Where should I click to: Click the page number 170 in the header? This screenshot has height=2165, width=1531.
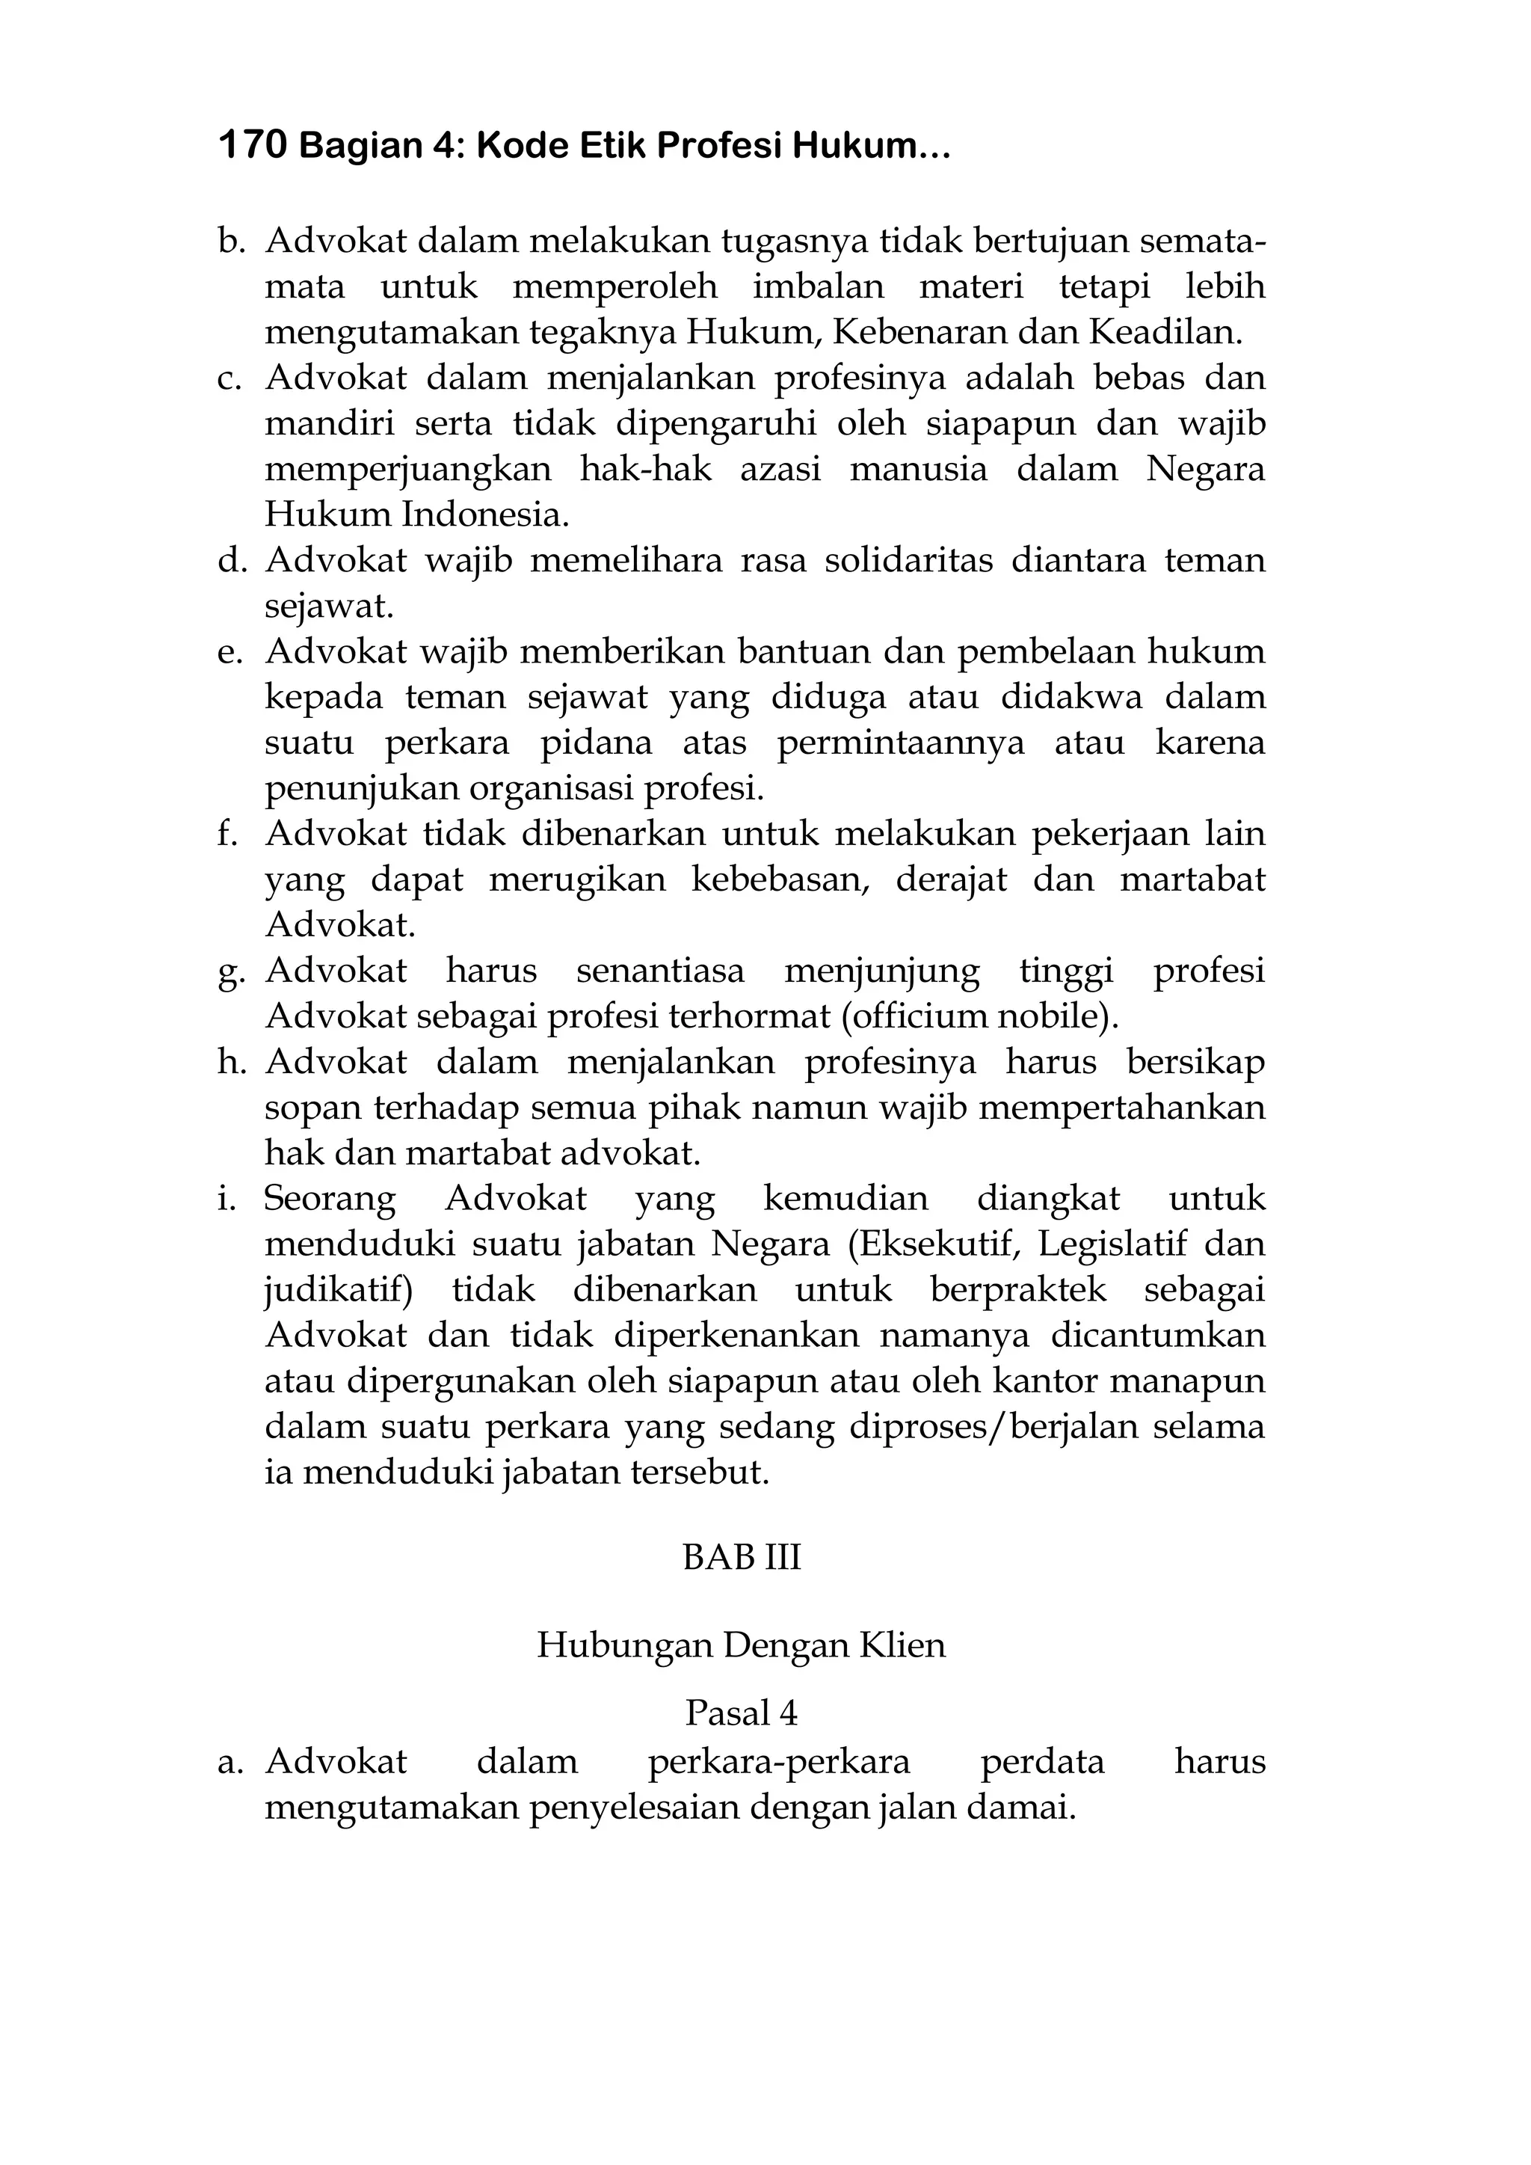pyautogui.click(x=252, y=146)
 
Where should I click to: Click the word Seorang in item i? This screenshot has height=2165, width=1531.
pyautogui.click(x=329, y=1200)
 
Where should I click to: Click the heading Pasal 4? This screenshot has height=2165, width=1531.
pyautogui.click(x=741, y=1713)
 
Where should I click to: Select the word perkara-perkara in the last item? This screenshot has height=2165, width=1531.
pyautogui.click(x=779, y=1761)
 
